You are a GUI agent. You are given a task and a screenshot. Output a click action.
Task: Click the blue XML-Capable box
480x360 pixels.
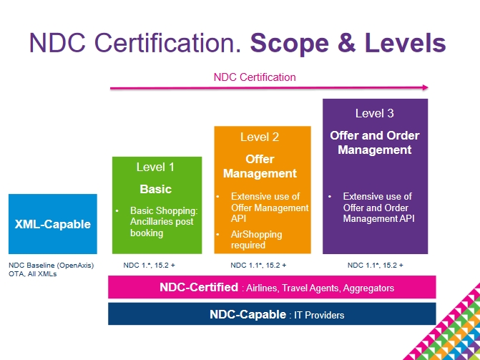(53, 224)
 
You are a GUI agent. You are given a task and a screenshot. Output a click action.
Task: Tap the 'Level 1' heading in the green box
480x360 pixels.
(155, 167)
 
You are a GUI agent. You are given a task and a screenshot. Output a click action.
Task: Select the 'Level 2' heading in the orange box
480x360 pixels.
(260, 137)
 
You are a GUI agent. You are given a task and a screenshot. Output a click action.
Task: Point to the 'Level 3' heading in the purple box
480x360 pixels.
(375, 113)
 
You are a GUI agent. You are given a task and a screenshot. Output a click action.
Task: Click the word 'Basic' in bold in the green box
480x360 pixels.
(155, 189)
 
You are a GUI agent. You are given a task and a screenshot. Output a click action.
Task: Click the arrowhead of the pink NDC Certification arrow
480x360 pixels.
(426, 87)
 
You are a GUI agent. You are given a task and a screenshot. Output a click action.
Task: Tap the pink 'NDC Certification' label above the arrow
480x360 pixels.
(255, 77)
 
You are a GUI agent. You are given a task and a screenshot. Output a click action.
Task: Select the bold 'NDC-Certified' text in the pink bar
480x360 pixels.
(199, 288)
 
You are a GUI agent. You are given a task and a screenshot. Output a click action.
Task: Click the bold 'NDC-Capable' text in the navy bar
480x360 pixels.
(248, 314)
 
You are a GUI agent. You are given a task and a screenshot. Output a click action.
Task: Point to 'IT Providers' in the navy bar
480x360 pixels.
(319, 315)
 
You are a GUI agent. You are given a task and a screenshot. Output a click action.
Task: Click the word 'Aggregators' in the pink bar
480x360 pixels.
(368, 288)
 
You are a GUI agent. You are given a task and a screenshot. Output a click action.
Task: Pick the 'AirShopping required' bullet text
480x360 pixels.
(257, 240)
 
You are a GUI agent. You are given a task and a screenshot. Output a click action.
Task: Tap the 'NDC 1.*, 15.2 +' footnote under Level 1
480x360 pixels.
(149, 266)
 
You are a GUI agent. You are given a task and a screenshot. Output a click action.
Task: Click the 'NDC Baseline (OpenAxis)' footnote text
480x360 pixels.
(51, 266)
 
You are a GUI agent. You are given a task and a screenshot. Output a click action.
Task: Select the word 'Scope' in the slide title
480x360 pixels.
(290, 43)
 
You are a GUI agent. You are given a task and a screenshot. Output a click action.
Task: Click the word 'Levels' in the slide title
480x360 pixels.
(406, 42)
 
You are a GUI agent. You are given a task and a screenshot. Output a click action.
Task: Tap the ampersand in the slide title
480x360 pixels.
(347, 43)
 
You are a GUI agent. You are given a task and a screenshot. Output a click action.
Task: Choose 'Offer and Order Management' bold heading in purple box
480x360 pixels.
(375, 142)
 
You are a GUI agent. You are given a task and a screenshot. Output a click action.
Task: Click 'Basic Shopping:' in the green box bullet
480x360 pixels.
(164, 211)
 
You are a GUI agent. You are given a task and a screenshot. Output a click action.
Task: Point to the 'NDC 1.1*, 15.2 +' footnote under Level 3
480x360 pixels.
(376, 266)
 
